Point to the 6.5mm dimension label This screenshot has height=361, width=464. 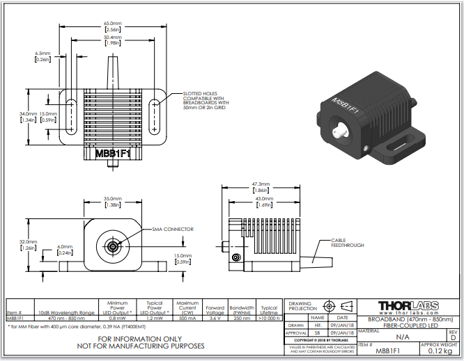pos(42,56)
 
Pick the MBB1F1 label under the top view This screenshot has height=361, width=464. pos(112,153)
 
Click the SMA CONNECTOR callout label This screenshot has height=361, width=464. pos(172,229)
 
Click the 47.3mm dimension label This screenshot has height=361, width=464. pos(261,188)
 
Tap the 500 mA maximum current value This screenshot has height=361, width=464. pos(187,318)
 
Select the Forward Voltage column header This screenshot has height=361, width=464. pos(215,310)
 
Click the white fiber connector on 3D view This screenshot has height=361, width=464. pos(341,130)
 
